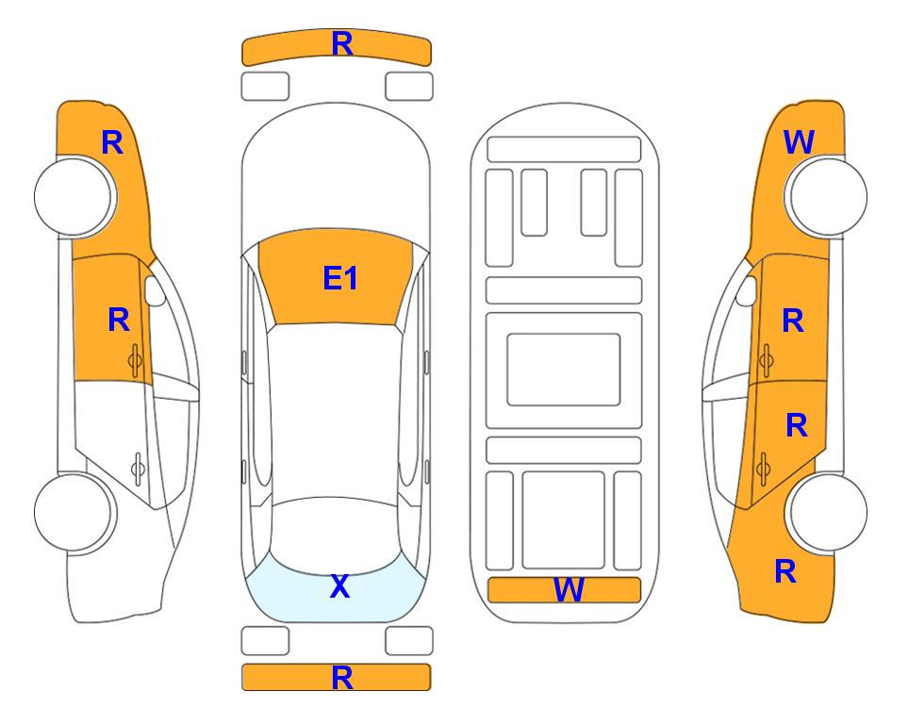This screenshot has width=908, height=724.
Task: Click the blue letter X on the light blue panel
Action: point(340,586)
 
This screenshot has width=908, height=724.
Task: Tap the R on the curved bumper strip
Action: point(342,43)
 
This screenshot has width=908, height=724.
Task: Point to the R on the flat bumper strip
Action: point(342,677)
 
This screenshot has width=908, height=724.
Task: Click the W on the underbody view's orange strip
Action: point(569,590)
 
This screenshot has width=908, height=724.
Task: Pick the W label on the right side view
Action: point(799,142)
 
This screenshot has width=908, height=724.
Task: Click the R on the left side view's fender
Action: point(112,142)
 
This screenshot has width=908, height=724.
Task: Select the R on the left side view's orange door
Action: point(119,320)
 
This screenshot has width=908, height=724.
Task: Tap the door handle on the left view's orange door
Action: point(135,360)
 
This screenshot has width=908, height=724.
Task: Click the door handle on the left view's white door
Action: point(138,468)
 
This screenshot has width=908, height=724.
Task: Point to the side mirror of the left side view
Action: point(155,290)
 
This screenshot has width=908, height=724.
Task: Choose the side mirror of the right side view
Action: point(746,290)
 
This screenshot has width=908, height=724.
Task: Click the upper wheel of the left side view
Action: point(74,196)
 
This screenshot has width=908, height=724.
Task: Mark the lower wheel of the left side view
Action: point(74,512)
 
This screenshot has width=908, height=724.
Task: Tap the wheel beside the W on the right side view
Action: point(826,196)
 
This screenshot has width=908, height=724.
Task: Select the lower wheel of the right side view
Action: point(826,512)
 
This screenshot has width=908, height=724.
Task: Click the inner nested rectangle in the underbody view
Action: point(564,370)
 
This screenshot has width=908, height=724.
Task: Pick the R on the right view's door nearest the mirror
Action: point(793,321)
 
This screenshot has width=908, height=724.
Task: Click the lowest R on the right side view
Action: point(785,571)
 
